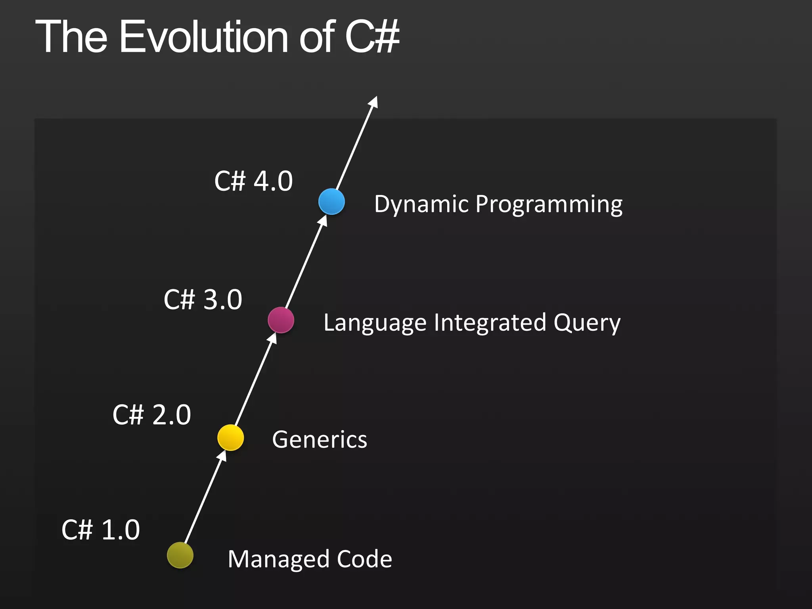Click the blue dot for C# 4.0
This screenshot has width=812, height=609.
331,201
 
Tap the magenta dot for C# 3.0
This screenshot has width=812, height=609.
281,320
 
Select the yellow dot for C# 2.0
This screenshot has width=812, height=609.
230,437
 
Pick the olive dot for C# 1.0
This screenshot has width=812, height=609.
180,555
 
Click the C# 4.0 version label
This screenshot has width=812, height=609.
253,181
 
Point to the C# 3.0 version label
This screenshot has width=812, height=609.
203,299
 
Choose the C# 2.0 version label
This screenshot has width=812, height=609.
152,415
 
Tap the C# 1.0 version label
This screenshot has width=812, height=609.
101,530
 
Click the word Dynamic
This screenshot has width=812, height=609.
421,205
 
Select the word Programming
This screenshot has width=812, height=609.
549,205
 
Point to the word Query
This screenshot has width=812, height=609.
587,323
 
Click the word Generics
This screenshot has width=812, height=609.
320,440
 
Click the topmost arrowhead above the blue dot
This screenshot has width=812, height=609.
373,102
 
